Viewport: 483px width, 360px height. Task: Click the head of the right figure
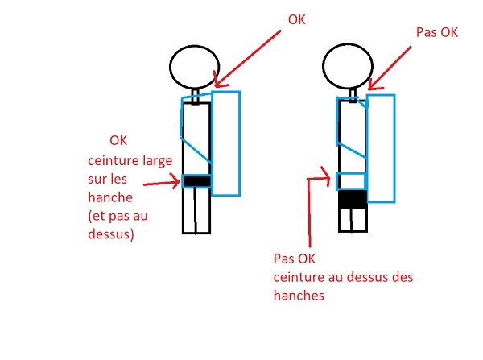coord(344,64)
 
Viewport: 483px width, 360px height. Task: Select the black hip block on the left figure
coord(196,181)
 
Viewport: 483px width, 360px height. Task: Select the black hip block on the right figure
coord(352,198)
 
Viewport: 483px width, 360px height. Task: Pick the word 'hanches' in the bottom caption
coord(298,296)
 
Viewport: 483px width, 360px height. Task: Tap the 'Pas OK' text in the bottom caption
coord(295,260)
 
